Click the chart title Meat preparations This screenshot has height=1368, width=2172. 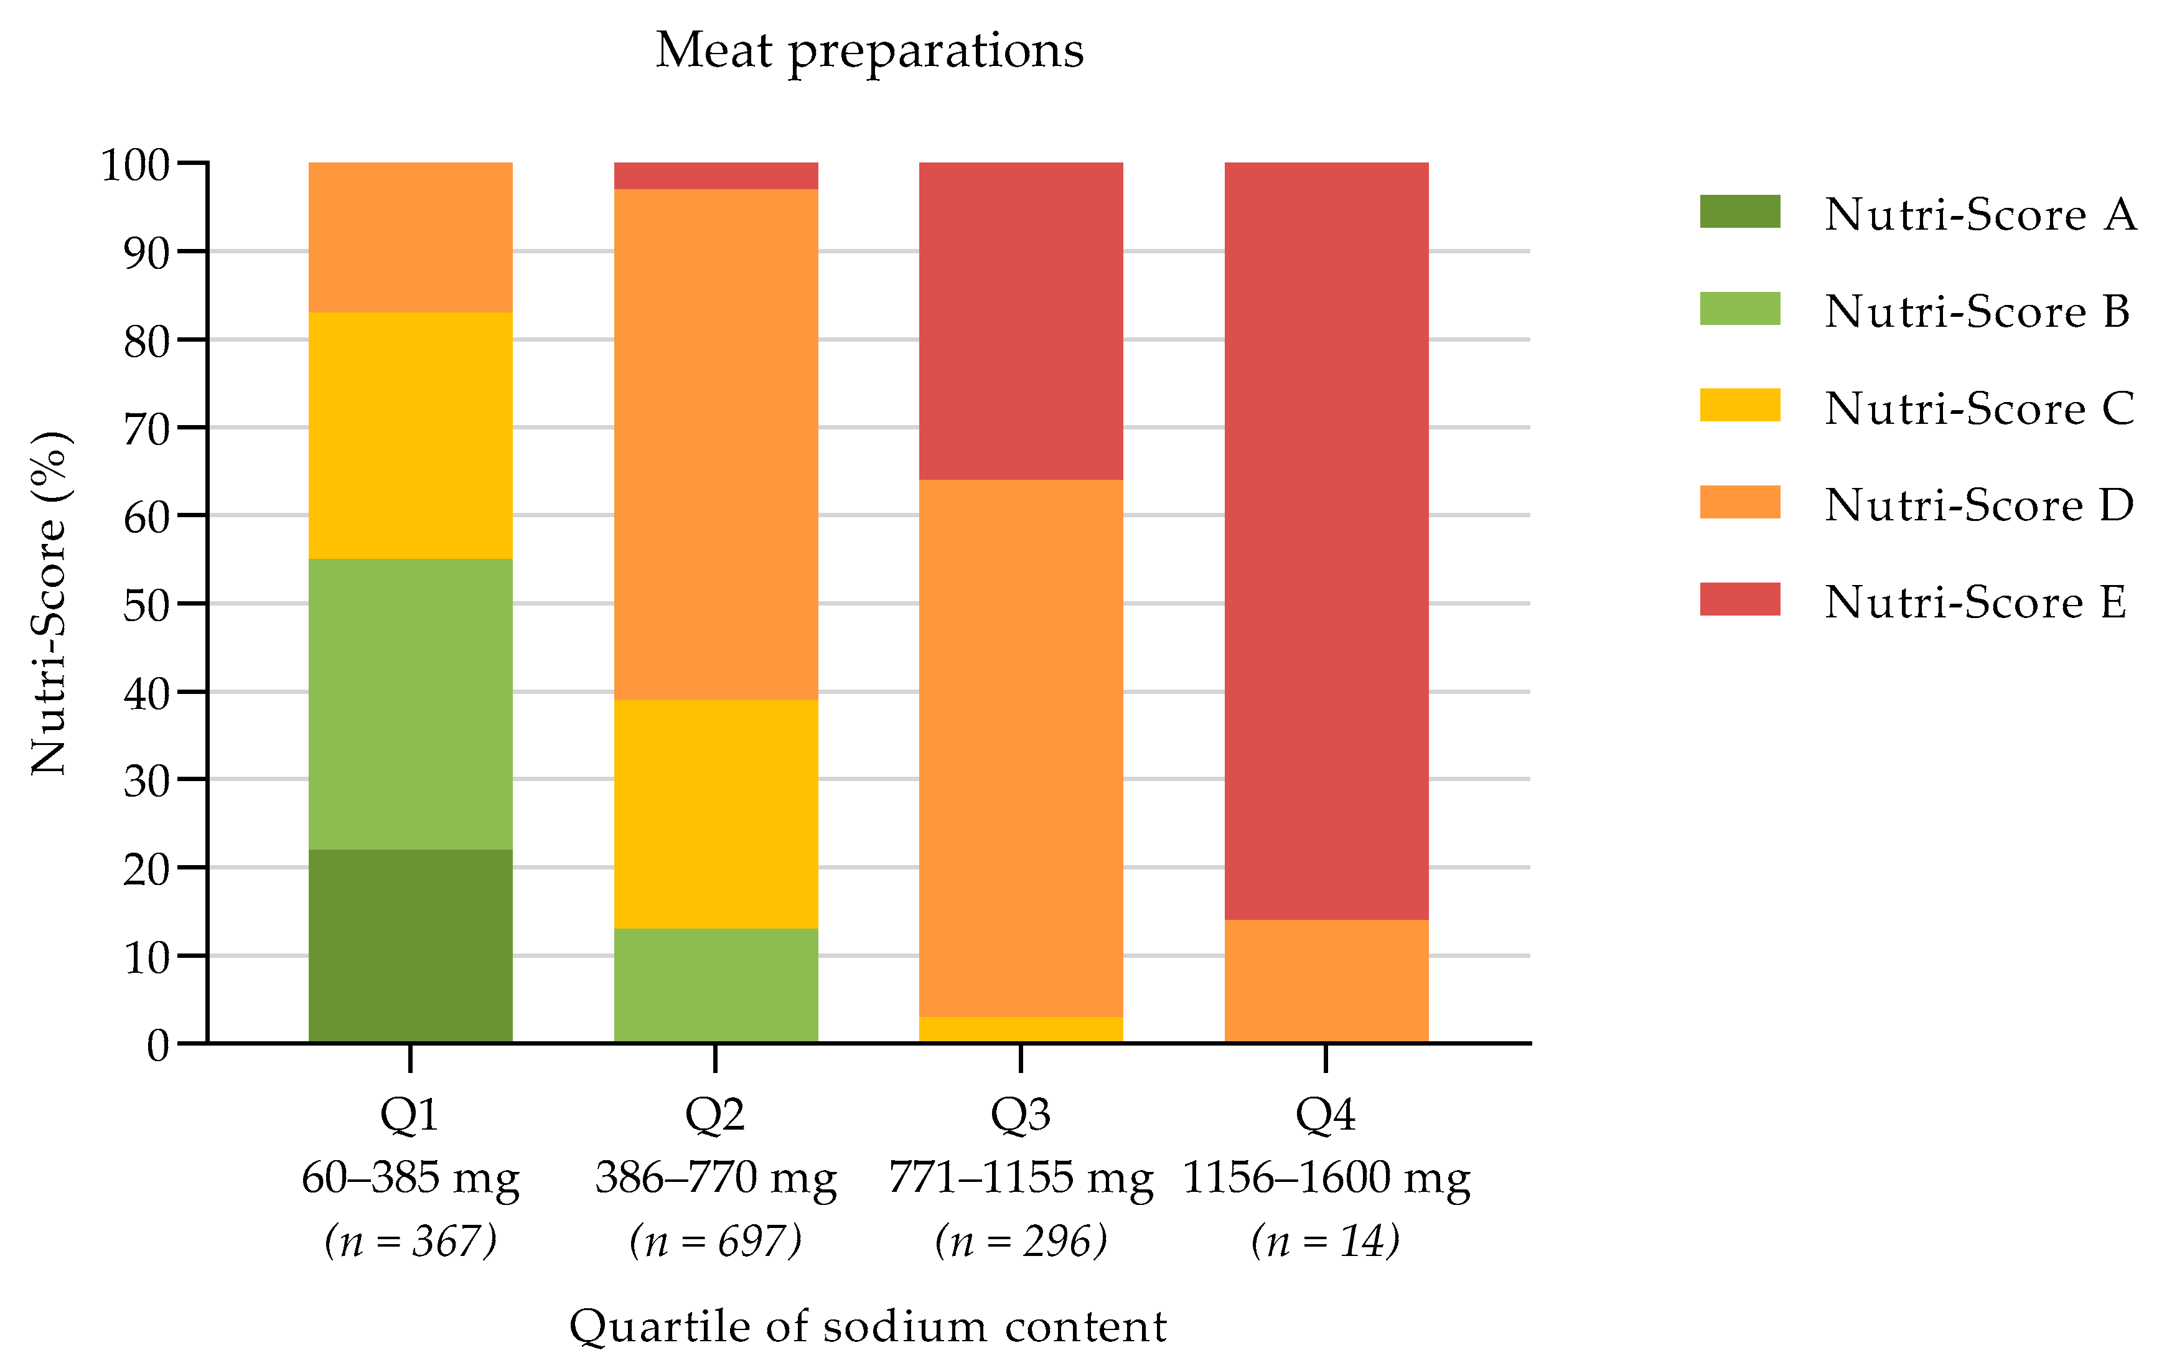pyautogui.click(x=869, y=50)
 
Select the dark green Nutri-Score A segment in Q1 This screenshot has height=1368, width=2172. pyautogui.click(x=410, y=945)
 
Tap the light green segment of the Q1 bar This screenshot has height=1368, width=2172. pyautogui.click(x=410, y=703)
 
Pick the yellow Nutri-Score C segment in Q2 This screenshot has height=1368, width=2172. pyautogui.click(x=715, y=813)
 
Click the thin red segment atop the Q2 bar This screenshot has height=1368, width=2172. pyautogui.click(x=715, y=176)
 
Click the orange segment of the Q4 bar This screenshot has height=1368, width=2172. pyautogui.click(x=1326, y=981)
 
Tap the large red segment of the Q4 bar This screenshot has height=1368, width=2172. pyautogui.click(x=1326, y=541)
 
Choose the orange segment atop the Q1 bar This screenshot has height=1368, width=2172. pyautogui.click(x=410, y=237)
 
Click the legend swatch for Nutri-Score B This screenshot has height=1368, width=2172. pyautogui.click(x=1739, y=309)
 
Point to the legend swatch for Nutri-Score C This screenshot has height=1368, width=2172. pyautogui.click(x=1739, y=405)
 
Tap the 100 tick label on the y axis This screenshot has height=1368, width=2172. pyautogui.click(x=135, y=165)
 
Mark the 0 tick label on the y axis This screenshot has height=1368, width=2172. pyautogui.click(x=158, y=1046)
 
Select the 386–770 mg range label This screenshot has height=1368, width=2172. pyautogui.click(x=715, y=1178)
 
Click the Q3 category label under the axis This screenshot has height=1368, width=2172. pyautogui.click(x=1020, y=1115)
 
